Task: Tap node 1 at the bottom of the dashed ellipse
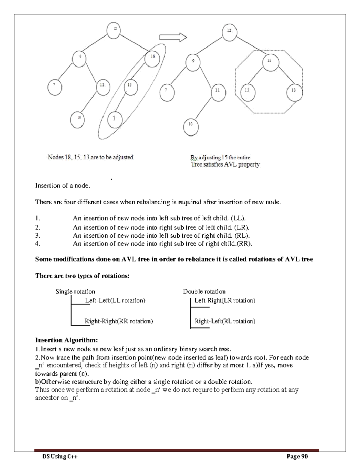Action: point(114,119)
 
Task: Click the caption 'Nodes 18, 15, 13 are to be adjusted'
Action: point(90,157)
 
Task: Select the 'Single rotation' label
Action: point(75,291)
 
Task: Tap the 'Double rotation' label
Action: point(204,291)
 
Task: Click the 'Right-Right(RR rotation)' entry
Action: point(119,321)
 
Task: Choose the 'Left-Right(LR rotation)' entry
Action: point(225,300)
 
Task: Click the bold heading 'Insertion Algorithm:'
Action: point(67,340)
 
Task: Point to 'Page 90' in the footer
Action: point(297,456)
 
